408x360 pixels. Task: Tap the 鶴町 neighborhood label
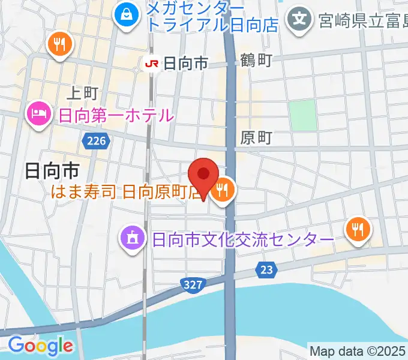(256, 60)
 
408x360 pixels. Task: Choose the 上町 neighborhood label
(82, 93)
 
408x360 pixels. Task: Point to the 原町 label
(256, 137)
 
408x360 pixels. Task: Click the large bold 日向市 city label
(52, 171)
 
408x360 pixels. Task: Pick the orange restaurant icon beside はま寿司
(224, 191)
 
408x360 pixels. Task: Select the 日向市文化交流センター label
(243, 239)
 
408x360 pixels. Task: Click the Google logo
(40, 346)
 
